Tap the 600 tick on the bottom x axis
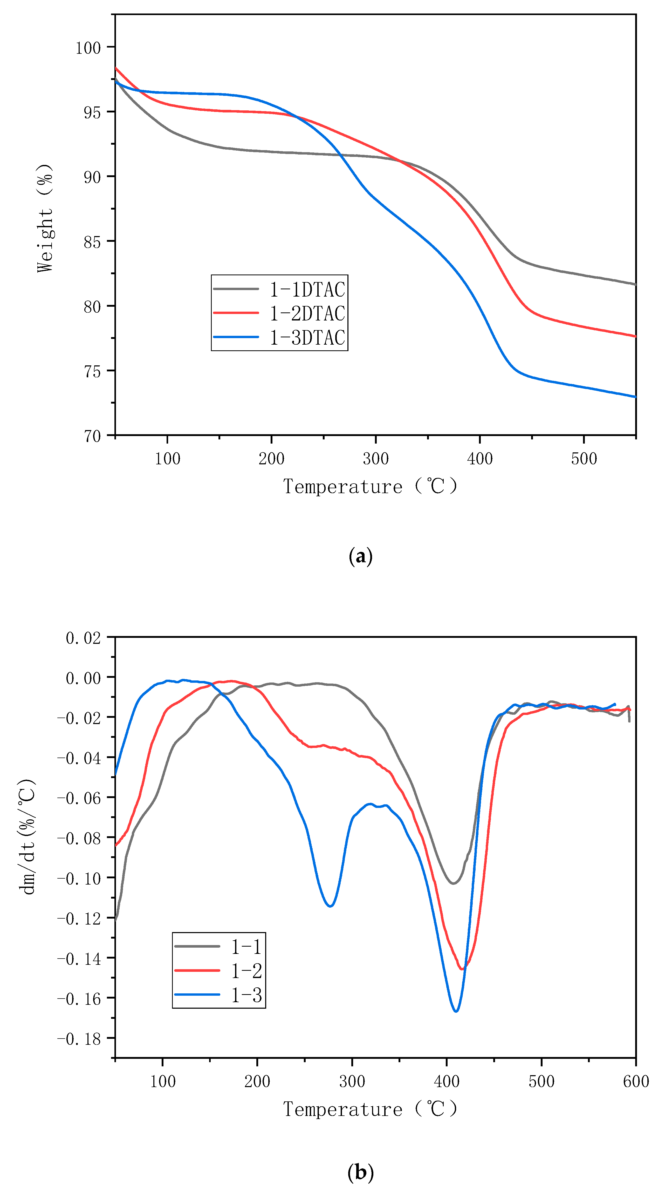click(x=636, y=1081)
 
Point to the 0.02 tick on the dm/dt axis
click(x=83, y=638)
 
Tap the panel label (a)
click(x=360, y=556)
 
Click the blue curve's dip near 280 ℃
click(x=330, y=906)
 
